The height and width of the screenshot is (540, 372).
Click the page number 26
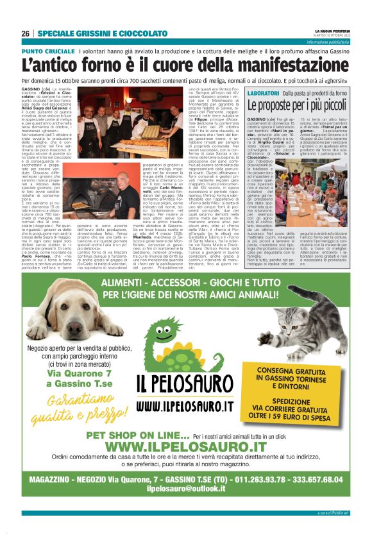(x=26, y=33)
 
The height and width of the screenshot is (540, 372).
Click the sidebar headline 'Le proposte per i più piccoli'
(x=307, y=105)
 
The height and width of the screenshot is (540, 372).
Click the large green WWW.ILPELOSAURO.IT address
(x=186, y=446)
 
